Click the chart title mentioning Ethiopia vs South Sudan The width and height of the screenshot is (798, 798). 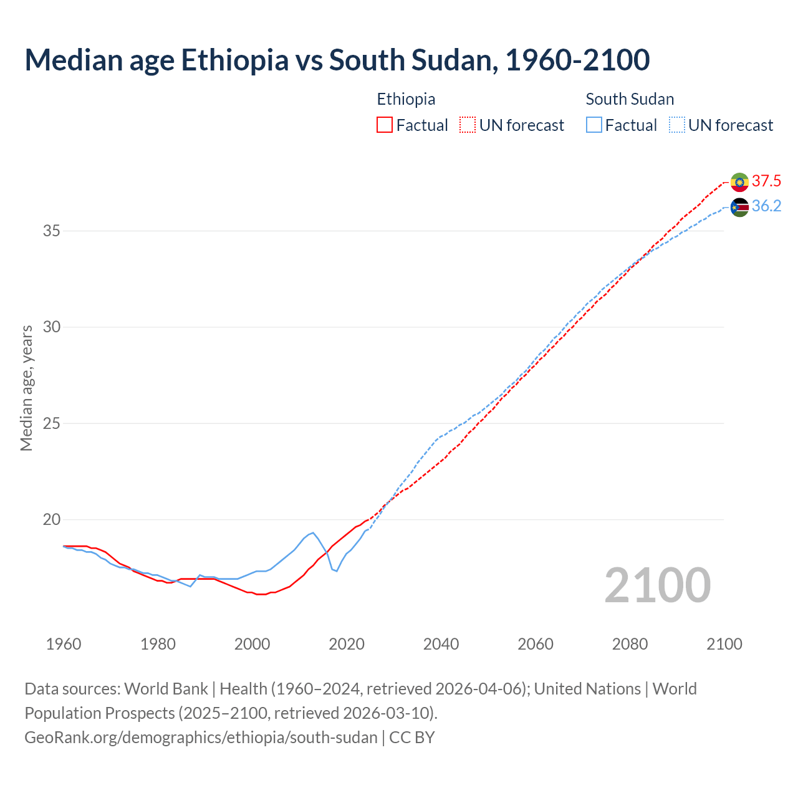coord(337,60)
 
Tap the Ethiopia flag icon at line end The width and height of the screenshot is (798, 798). coord(739,182)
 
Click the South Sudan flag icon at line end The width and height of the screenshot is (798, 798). coord(739,207)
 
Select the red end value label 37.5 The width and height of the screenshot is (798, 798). coord(766,181)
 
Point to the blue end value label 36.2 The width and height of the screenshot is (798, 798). coord(766,206)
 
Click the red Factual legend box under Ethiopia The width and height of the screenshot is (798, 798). coord(385,125)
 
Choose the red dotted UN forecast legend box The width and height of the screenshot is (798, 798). coord(468,125)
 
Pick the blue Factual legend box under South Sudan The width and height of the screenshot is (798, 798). coord(594,125)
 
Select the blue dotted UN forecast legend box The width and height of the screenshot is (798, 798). coord(677,125)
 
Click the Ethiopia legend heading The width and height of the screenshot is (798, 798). coord(406,99)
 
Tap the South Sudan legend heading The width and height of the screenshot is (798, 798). coord(630,99)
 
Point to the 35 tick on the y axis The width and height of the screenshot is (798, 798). coord(51,231)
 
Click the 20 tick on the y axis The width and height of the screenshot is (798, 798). coord(51,520)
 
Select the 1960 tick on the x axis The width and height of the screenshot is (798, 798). coord(64,644)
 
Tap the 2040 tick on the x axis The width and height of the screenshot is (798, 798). coord(441,644)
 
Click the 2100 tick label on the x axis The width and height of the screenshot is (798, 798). coord(724,644)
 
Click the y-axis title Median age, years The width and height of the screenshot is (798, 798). coord(26,388)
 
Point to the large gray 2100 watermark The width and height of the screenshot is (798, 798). coord(657,585)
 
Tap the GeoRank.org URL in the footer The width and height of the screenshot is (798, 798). coord(201,738)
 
